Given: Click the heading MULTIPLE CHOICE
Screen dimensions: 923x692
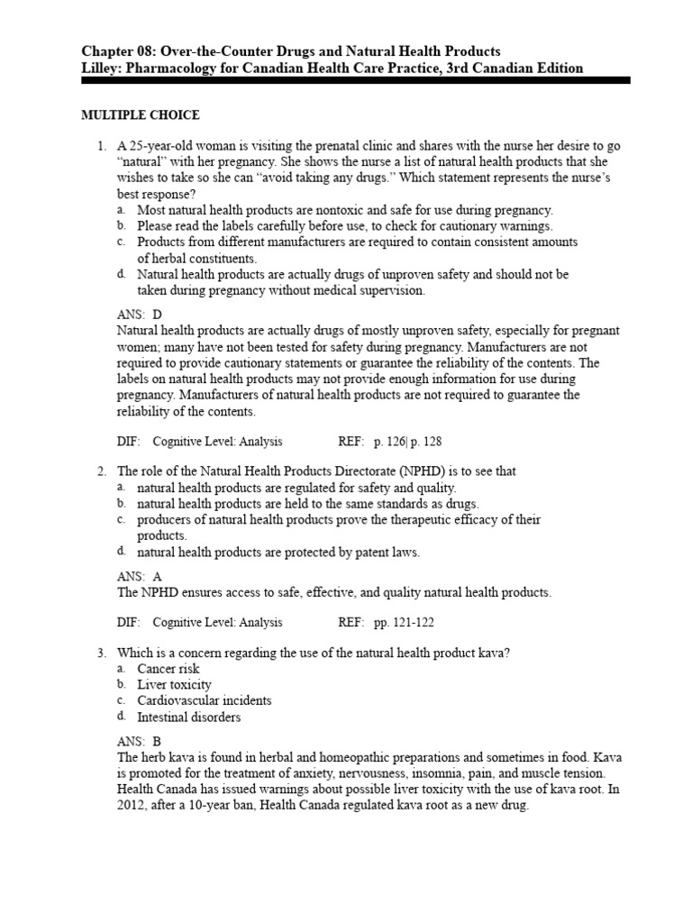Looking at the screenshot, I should tap(140, 115).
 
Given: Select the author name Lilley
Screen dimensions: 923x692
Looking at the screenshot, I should tap(101, 68).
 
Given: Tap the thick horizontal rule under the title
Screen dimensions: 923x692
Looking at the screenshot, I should tap(355, 81).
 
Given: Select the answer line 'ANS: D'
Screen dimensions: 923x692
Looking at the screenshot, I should tap(140, 315).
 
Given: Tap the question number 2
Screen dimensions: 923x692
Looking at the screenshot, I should tap(102, 471).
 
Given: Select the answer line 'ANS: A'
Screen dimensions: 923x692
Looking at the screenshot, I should tap(140, 576).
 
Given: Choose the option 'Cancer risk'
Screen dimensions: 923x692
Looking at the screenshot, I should tap(168, 669).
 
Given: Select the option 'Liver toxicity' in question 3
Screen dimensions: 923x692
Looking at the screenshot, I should tap(174, 685).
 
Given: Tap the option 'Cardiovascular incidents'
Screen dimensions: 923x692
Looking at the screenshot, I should tap(204, 700).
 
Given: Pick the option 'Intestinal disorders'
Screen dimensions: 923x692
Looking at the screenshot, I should tap(188, 717).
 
